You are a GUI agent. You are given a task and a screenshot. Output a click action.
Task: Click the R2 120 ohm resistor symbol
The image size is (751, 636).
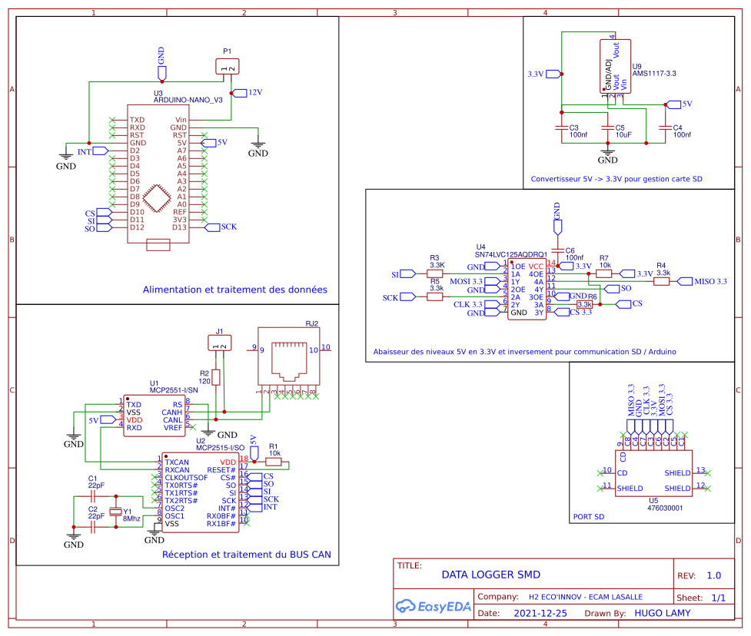pos(216,377)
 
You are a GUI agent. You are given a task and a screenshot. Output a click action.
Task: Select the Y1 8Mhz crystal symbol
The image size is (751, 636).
pos(116,512)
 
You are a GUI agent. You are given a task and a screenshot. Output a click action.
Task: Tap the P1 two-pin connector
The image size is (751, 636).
pos(227,68)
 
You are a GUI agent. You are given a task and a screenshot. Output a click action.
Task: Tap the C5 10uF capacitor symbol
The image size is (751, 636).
pos(607,128)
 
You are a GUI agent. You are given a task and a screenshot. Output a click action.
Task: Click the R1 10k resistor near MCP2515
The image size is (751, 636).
pos(274,462)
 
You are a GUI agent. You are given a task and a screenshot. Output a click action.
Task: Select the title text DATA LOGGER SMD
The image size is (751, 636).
pos(490,575)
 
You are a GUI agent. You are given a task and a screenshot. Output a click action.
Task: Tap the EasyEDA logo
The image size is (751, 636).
pos(431,606)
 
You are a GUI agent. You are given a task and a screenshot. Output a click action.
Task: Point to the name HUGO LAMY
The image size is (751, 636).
pos(662,613)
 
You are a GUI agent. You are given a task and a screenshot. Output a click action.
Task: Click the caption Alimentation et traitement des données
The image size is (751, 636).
pos(234,290)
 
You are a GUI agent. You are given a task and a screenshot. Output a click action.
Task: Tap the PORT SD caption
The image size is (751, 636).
pos(589,517)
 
